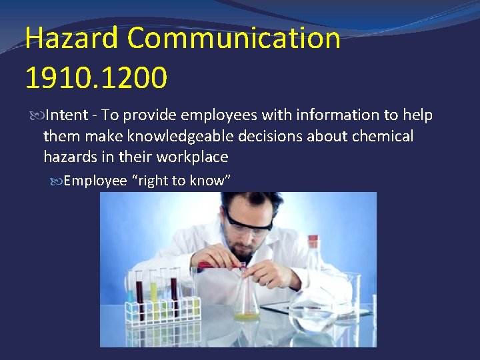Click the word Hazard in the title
[x=71, y=39]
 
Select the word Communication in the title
[x=233, y=39]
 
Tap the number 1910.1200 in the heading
[x=96, y=77]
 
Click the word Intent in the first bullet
[x=67, y=115]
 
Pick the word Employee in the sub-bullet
[x=95, y=181]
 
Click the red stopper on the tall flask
[x=311, y=242]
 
